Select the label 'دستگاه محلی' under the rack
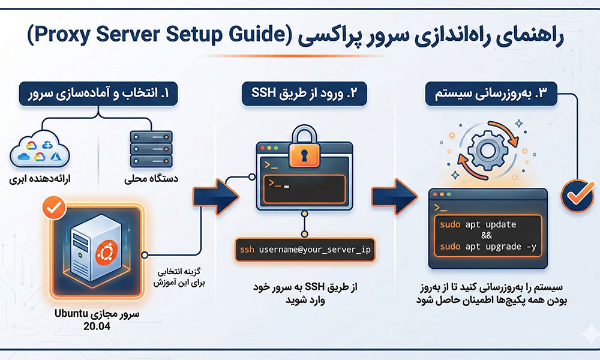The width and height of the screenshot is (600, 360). (151, 178)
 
